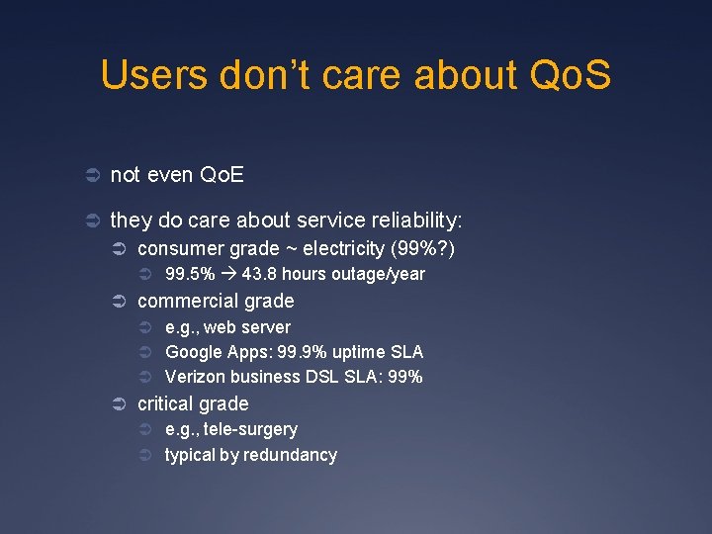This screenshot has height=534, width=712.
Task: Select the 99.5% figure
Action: (x=190, y=274)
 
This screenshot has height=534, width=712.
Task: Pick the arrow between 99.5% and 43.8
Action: (x=228, y=274)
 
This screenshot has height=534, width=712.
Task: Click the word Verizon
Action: (x=194, y=377)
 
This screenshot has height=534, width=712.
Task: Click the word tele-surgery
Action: (x=250, y=429)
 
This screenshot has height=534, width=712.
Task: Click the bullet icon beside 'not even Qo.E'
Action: (x=90, y=175)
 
